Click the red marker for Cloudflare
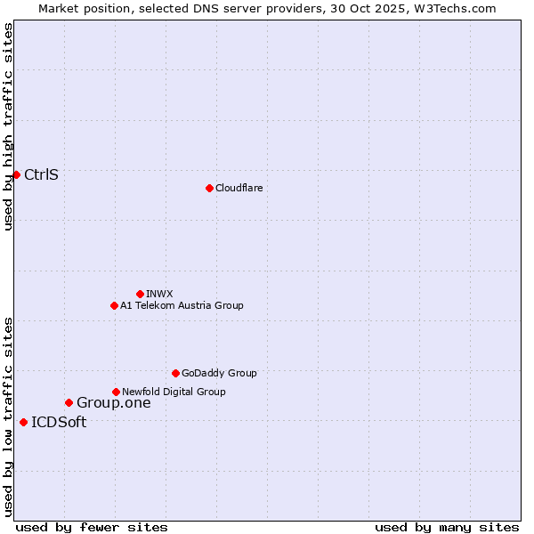(x=209, y=188)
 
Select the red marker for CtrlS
(x=16, y=174)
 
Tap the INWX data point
(x=140, y=294)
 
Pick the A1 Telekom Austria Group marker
(x=114, y=305)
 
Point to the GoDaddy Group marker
(x=175, y=373)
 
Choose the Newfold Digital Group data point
(x=116, y=392)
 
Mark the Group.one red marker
(x=69, y=402)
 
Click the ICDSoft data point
(x=23, y=422)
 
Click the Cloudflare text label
(x=239, y=188)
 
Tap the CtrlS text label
(x=41, y=174)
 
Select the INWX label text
(x=159, y=294)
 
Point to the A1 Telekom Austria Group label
(x=182, y=305)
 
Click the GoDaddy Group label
(x=219, y=373)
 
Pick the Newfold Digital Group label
(x=174, y=392)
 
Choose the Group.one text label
(x=113, y=402)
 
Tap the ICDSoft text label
(x=59, y=422)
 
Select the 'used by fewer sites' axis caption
(x=92, y=527)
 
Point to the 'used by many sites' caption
(x=447, y=527)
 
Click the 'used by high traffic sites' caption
(x=8, y=126)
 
